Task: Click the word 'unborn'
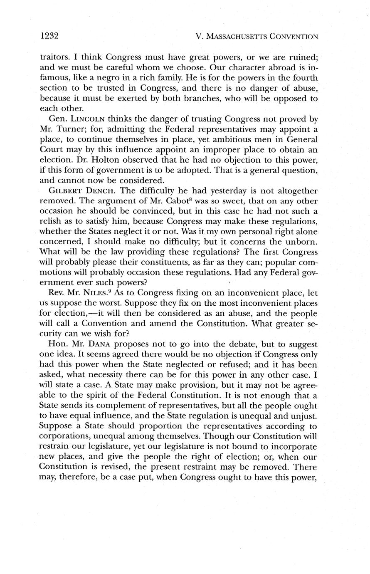(x=302, y=242)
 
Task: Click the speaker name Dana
(x=101, y=344)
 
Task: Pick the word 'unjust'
(x=305, y=416)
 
